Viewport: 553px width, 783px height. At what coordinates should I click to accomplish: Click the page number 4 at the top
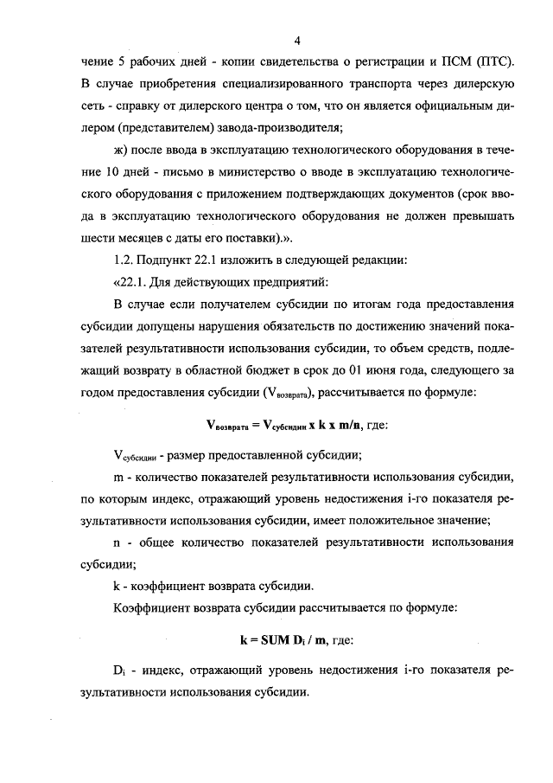(296, 41)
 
